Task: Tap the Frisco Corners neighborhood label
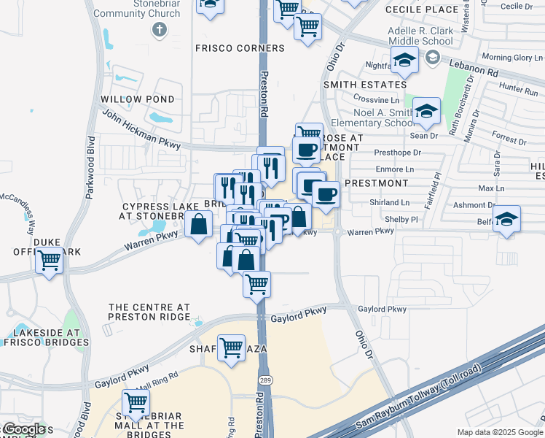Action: [240, 48]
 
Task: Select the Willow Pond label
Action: [138, 99]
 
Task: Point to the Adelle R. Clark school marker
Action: [404, 61]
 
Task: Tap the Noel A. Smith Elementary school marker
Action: [426, 111]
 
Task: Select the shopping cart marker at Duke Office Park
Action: [50, 259]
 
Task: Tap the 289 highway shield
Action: [264, 383]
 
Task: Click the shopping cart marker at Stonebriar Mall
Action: [136, 401]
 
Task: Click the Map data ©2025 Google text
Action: [499, 432]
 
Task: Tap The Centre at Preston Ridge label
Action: [149, 312]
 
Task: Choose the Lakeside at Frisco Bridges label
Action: [50, 337]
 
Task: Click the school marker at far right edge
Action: [506, 219]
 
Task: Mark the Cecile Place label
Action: [431, 9]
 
